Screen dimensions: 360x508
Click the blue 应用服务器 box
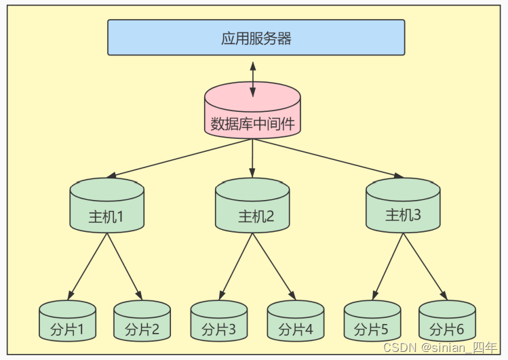coord(256,37)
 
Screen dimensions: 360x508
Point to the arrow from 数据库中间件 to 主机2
coord(252,157)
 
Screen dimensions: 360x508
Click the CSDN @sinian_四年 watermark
coord(440,347)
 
